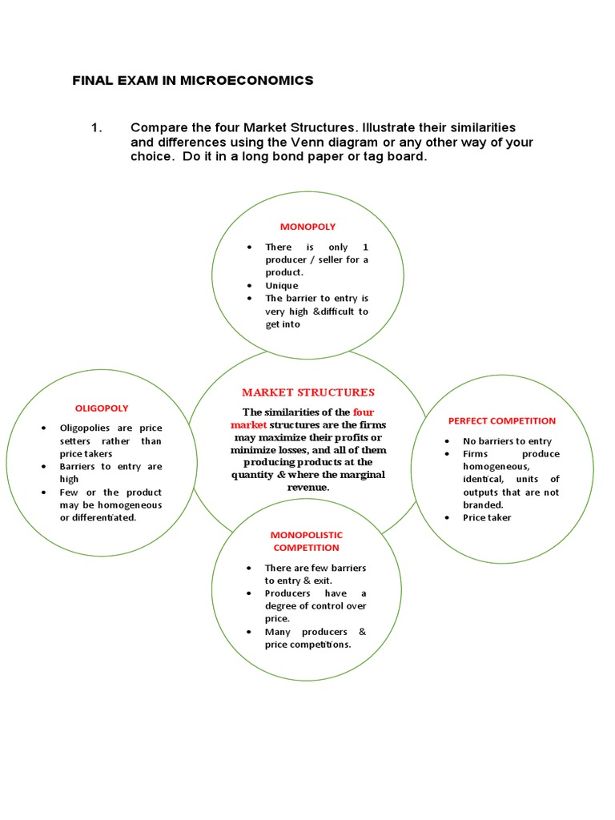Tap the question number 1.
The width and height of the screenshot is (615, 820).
pyautogui.click(x=98, y=127)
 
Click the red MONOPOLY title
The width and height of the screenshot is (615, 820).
pyautogui.click(x=307, y=227)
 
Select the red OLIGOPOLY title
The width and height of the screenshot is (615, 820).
pyautogui.click(x=102, y=408)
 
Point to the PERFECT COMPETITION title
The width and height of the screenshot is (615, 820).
pyautogui.click(x=502, y=420)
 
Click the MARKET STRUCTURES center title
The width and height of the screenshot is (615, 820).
pyautogui.click(x=308, y=392)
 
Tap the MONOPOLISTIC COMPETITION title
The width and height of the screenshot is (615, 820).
pyautogui.click(x=306, y=541)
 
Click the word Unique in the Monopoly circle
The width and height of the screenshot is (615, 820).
pyautogui.click(x=282, y=286)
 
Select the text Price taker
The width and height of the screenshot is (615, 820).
pyautogui.click(x=487, y=517)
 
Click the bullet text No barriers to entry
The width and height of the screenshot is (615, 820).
pyautogui.click(x=507, y=441)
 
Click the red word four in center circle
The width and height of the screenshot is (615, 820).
pyautogui.click(x=364, y=412)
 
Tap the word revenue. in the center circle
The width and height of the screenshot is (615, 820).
pyautogui.click(x=308, y=487)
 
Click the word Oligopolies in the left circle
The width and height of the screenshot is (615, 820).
pyautogui.click(x=85, y=428)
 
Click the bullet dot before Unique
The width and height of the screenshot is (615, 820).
pyautogui.click(x=250, y=286)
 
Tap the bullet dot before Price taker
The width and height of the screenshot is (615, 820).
pyautogui.click(x=446, y=518)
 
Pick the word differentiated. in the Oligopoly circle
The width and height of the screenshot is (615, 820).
pyautogui.click(x=105, y=517)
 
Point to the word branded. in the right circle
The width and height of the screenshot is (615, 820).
pyautogui.click(x=483, y=505)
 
